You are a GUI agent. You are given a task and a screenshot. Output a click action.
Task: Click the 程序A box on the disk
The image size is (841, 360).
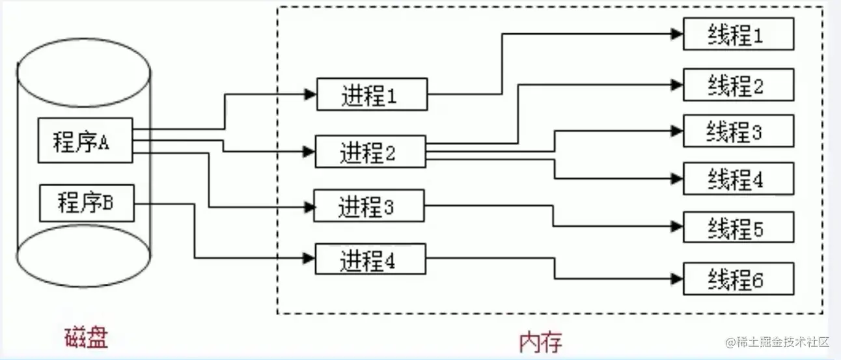pos(85,141)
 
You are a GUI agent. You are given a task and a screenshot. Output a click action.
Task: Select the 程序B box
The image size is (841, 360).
pos(87,202)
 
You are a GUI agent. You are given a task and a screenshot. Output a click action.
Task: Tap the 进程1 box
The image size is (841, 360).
pos(372,94)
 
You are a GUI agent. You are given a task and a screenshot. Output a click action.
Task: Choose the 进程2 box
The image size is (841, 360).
pos(370,152)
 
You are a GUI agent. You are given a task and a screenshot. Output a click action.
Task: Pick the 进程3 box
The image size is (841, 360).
pos(369,206)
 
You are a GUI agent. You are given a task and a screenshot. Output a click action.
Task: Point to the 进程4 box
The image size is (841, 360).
pos(370,259)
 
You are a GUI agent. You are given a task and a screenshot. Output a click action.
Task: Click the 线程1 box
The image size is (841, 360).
pos(738,34)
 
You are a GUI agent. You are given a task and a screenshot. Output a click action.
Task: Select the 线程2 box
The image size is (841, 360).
pos(738,85)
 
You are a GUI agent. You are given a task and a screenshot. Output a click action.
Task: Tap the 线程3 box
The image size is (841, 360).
pos(738,131)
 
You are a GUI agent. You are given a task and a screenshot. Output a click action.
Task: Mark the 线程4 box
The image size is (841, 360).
pos(738,178)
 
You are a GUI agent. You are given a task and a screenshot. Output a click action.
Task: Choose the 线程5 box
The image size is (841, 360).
pos(738,227)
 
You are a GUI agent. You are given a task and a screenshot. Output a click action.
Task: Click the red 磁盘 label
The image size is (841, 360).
pos(86,339)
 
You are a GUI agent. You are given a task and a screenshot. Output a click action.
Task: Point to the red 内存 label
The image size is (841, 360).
pos(540,341)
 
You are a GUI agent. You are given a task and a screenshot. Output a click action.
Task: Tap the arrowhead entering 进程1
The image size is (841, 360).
pos(310,94)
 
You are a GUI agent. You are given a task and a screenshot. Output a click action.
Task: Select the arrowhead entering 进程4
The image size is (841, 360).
pos(309,258)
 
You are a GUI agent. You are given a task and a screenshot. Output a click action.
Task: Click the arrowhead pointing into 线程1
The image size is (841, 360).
pos(677,34)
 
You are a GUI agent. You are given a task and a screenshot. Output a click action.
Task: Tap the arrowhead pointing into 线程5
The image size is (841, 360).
pos(677,227)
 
